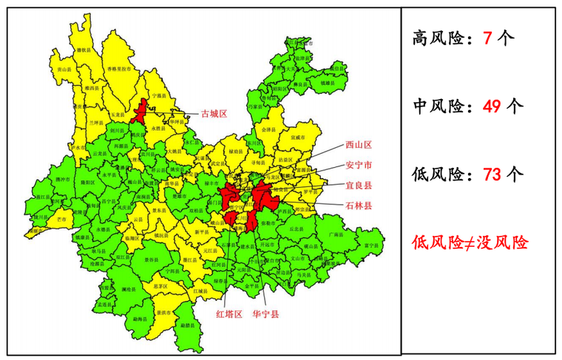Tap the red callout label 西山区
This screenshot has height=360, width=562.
(358, 146)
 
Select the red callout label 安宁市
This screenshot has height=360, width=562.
(358, 165)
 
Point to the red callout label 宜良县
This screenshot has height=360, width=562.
(358, 185)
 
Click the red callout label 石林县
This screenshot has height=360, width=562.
(358, 206)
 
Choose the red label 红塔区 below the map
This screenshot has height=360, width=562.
(228, 314)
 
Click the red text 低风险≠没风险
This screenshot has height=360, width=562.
(470, 242)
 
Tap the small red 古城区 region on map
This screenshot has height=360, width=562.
(138, 114)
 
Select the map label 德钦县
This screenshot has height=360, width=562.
(84, 49)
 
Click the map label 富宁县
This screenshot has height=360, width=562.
(371, 245)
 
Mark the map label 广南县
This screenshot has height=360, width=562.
(336, 234)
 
